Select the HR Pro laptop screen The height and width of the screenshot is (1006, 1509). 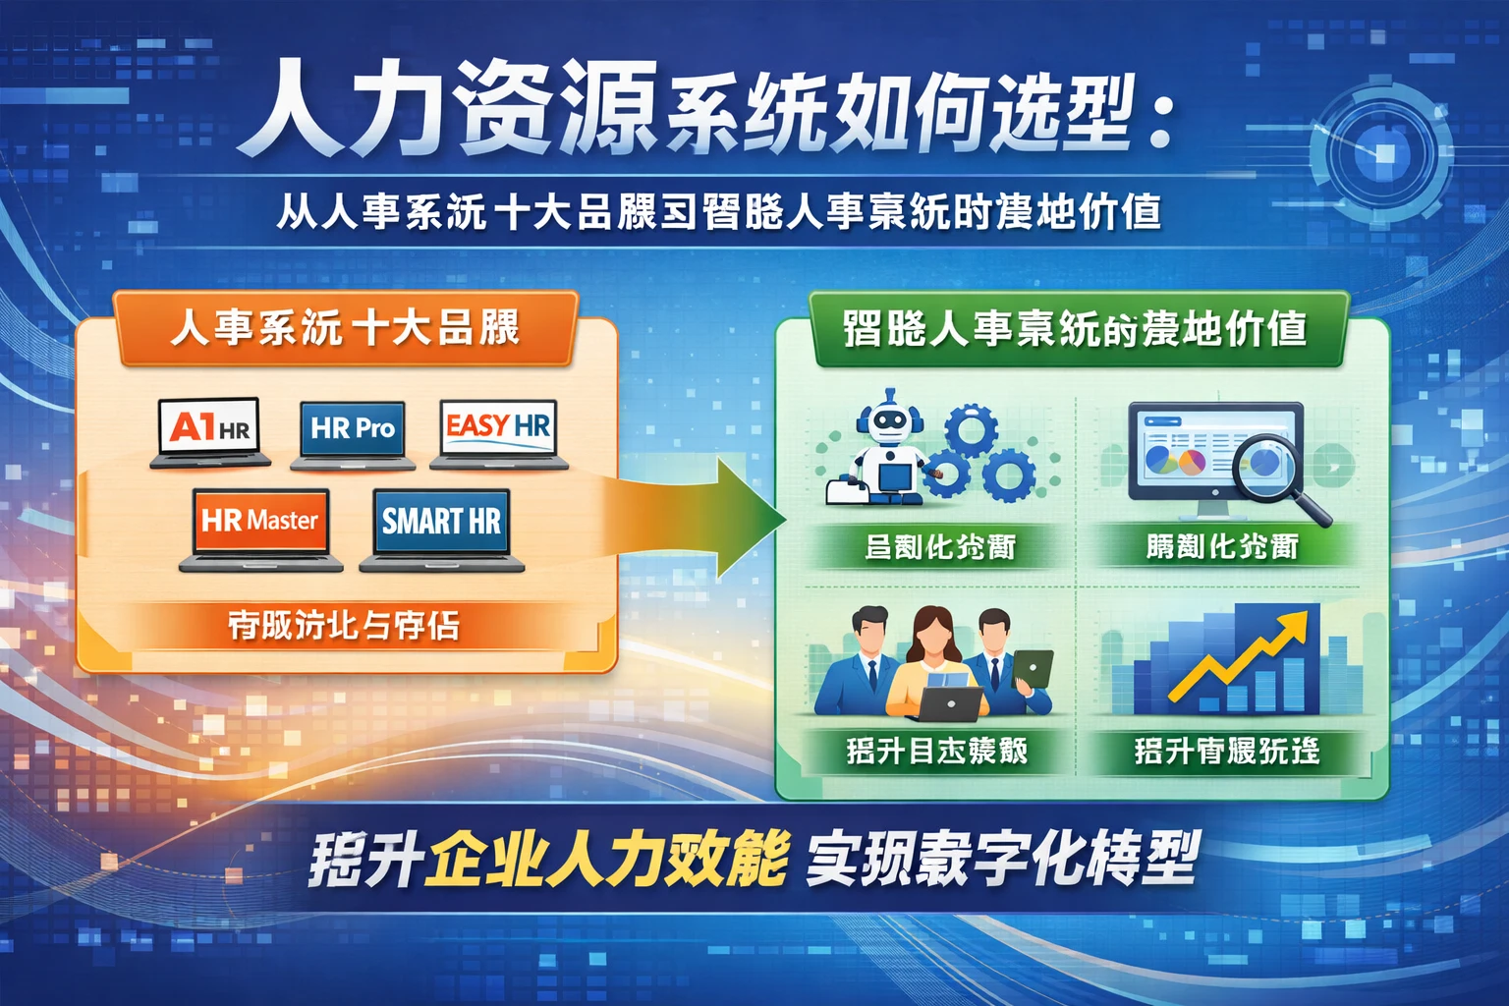[x=353, y=428]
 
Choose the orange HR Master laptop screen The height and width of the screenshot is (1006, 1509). [x=260, y=520]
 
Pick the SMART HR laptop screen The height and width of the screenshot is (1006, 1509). [x=441, y=521]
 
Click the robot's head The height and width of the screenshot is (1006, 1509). [x=890, y=418]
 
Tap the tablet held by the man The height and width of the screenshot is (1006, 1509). [x=1033, y=669]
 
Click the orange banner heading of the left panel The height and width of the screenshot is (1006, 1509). [x=344, y=327]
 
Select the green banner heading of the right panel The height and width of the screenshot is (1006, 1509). [x=1076, y=330]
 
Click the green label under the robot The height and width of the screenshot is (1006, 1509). [x=938, y=547]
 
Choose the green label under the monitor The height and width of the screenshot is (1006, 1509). [x=1223, y=547]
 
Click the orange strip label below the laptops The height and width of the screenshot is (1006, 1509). [x=344, y=626]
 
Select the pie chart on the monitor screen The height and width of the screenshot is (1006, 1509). [x=1164, y=459]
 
